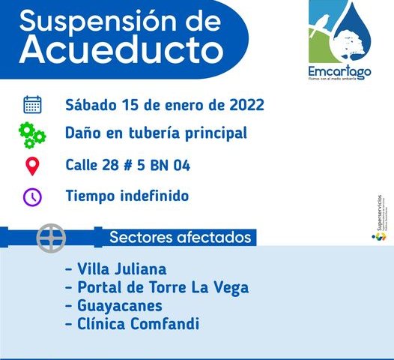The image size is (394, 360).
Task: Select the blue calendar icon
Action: coord(32,103)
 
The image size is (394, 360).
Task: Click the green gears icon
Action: coord(32,135)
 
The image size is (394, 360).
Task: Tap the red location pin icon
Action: coord(32,166)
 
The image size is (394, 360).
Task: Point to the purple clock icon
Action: coord(32,196)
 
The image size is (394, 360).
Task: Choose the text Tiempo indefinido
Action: coord(127,196)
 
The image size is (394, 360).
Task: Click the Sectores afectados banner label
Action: coord(180,238)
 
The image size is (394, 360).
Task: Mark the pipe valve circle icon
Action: coord(52,238)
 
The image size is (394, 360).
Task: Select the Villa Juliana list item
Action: coord(116,268)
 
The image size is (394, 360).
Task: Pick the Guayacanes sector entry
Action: coord(114,306)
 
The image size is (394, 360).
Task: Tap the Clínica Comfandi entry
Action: coord(133,325)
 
